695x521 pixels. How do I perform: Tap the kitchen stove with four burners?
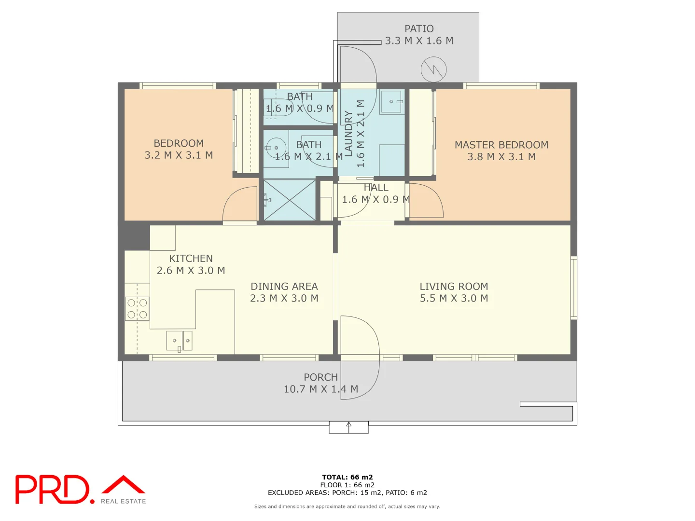click(137, 309)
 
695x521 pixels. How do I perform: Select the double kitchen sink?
click(180, 341)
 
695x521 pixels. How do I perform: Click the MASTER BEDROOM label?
click(501, 145)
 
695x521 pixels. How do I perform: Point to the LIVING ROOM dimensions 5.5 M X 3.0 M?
click(454, 299)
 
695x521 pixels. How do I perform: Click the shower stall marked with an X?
click(290, 200)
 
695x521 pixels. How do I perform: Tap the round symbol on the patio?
click(433, 69)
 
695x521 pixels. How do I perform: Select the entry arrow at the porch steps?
click(348, 425)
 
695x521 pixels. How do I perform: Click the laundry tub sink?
click(391, 102)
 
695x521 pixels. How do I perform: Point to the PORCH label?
click(320, 377)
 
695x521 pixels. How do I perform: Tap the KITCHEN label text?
click(191, 259)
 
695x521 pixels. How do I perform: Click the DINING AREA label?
click(284, 287)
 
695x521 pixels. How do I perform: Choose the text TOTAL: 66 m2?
click(347, 477)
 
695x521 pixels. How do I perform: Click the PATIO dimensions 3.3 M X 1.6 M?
click(419, 41)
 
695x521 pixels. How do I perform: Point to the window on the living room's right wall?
click(574, 288)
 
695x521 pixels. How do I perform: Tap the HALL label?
click(376, 188)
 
